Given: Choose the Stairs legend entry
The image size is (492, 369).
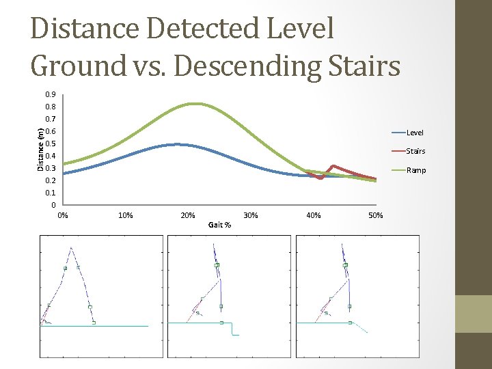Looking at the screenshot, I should click(415, 151).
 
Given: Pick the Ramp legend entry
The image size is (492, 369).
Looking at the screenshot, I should click(415, 170).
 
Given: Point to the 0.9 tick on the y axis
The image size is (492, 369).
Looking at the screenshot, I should click(51, 95).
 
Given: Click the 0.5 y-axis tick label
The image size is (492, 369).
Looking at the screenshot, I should click(51, 144).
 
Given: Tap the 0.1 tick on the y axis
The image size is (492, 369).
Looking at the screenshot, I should click(51, 193).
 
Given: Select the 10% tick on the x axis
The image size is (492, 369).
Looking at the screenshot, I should click(126, 216).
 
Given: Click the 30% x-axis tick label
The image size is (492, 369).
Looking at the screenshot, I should click(251, 216).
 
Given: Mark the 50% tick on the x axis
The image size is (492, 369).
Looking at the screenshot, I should click(376, 216).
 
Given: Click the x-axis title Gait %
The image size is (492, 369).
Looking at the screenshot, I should click(219, 224).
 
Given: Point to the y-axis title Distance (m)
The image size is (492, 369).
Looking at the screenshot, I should click(40, 149).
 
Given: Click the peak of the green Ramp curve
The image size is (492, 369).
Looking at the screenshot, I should click(195, 104).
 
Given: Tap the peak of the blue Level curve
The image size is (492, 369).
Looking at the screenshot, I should click(176, 144).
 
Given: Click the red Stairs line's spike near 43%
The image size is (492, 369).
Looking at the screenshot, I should click(333, 165).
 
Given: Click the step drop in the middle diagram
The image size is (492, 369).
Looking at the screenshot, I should click(232, 329).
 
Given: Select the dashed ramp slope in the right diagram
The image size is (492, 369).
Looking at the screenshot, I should click(361, 327).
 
